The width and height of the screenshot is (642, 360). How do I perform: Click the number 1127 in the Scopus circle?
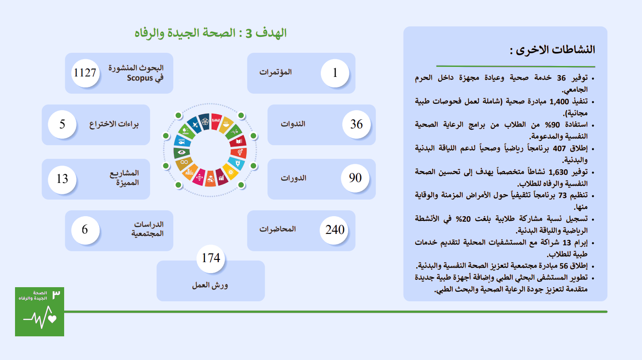coord(85,73)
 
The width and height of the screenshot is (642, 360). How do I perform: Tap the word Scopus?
coord(140,78)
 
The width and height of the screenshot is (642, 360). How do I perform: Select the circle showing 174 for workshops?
coord(211,259)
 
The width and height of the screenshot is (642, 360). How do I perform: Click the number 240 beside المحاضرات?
coord(335,230)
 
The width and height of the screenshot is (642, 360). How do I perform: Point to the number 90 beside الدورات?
coord(355,178)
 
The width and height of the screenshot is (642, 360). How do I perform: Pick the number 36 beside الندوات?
coord(356,124)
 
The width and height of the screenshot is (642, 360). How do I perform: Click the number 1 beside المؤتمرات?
coord(335,73)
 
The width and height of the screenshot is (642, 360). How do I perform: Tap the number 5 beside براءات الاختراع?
coord(62,124)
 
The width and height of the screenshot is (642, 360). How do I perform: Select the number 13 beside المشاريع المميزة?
coord(62,179)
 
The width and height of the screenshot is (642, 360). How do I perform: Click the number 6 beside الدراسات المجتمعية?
coord(85,229)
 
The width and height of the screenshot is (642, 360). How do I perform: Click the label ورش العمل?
coord(210,285)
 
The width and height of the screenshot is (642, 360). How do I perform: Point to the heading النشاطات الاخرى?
coord(552,50)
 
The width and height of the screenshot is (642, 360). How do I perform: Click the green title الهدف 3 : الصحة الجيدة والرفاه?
coord(211,33)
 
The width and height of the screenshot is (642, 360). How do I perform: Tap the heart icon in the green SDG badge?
coord(52,319)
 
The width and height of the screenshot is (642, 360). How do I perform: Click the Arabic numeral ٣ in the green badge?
coord(56,294)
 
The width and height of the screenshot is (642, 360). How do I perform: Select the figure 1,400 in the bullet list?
coord(559,102)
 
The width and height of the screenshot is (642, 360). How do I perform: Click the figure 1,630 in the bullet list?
coord(558,172)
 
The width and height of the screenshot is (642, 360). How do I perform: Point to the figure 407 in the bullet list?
coord(559,149)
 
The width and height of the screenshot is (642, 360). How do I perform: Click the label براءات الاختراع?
coord(114,124)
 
